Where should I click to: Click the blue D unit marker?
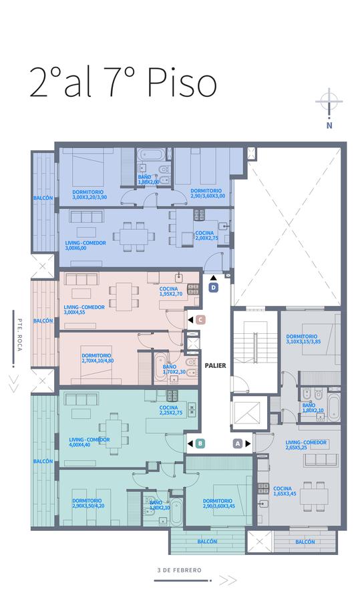click(x=214, y=287)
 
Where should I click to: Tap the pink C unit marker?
click(x=200, y=320)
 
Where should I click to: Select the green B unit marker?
click(x=200, y=444)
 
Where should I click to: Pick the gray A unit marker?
click(x=238, y=444)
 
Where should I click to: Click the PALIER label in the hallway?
click(x=216, y=366)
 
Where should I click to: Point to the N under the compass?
click(x=329, y=126)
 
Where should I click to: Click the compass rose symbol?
click(x=329, y=102)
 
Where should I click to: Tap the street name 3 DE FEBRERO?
click(x=179, y=570)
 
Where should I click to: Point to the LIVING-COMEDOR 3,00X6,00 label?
click(x=85, y=245)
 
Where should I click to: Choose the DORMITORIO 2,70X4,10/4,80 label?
click(x=98, y=358)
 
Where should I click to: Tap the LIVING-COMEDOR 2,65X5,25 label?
click(x=306, y=445)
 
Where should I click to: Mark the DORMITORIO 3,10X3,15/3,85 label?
click(x=303, y=339)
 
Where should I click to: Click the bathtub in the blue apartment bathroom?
click(x=152, y=154)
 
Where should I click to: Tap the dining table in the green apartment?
click(x=110, y=432)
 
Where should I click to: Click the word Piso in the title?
click(x=182, y=82)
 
